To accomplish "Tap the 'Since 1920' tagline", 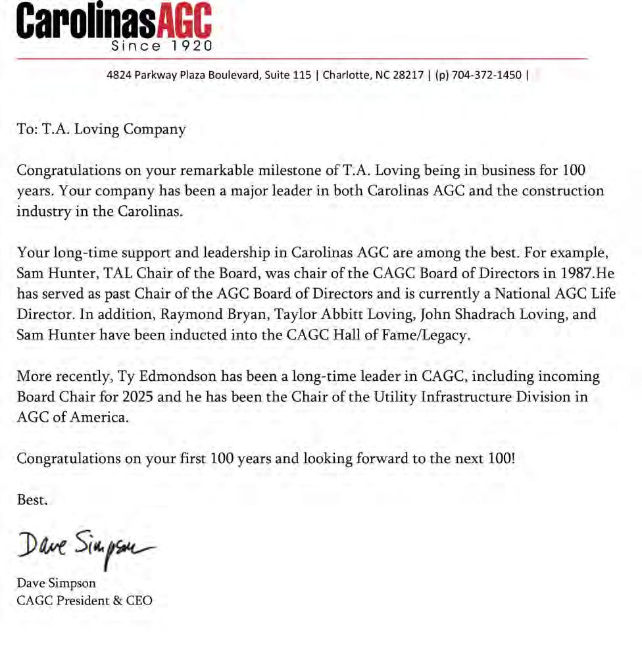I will [162, 46].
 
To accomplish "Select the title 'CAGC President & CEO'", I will [84, 600].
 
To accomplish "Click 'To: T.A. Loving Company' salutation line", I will [101, 129].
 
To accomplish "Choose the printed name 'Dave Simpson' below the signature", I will [57, 583].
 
